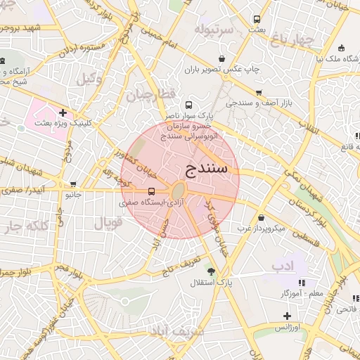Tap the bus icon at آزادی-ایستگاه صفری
[152, 191]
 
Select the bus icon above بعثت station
[257, 19]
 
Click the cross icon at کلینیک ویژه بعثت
[63, 112]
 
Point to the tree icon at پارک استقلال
[211, 271]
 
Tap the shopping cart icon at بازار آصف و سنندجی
[259, 92]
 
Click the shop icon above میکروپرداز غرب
[262, 217]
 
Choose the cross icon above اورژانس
[286, 316]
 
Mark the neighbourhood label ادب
[282, 265]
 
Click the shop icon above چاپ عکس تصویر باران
[222, 58]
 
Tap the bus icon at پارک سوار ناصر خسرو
[188, 104]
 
